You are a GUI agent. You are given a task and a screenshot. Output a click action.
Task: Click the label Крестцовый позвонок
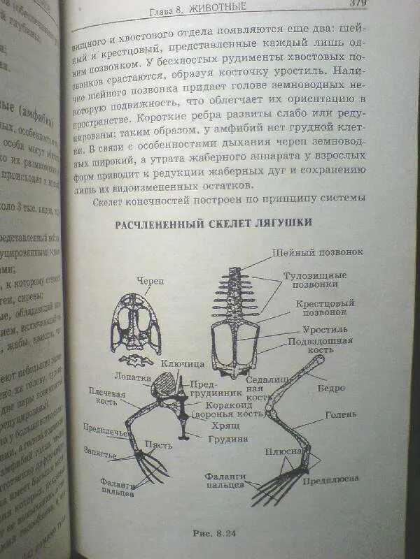[324, 307]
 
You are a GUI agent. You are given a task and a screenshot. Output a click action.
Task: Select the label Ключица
[182, 364]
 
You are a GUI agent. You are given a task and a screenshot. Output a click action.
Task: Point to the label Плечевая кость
[106, 397]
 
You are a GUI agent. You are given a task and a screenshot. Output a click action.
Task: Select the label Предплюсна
[341, 479]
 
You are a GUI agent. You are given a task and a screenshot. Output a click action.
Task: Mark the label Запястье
[99, 455]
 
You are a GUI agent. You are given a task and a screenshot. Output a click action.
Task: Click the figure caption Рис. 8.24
[216, 534]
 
